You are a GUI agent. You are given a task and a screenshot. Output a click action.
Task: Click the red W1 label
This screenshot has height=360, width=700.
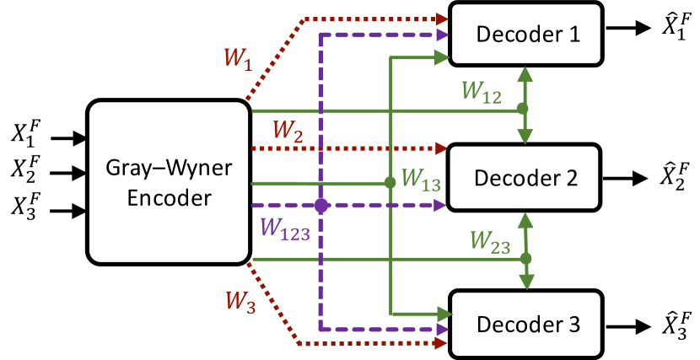pos(237,59)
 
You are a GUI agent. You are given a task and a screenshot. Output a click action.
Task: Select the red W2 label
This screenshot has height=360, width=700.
pos(287,132)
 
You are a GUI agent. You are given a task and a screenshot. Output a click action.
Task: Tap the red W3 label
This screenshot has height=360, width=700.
pos(240,302)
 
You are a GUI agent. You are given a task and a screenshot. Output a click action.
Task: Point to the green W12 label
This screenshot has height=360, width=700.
pos(481,92)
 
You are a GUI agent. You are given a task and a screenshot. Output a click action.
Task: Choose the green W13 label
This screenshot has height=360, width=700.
pos(420,180)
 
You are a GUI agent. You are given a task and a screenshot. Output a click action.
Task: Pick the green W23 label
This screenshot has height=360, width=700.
pos(489,242)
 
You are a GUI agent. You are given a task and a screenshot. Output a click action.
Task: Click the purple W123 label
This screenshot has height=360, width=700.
pos(284,228)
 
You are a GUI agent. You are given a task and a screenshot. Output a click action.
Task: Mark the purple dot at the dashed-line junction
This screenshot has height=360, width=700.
pos(320,205)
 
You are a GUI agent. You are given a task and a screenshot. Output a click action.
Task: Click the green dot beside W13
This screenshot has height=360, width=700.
pos(390,182)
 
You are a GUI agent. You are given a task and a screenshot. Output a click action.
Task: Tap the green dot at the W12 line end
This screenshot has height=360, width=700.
pos(523,109)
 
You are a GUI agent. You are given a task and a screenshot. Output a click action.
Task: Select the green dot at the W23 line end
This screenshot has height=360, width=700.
pos(525,258)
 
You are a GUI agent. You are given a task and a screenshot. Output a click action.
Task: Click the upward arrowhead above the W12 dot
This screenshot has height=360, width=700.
pos(525,74)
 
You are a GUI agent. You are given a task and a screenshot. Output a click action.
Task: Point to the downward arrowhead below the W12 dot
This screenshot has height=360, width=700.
pos(525,136)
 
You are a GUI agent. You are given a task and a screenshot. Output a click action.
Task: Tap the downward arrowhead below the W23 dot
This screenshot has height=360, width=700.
pos(526,282)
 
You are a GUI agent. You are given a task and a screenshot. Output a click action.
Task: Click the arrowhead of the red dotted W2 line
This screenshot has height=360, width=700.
pos(441,148)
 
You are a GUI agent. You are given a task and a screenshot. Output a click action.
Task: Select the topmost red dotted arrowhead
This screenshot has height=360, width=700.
pos(443,19)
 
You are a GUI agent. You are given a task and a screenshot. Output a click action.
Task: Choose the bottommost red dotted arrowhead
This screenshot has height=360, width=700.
pos(442,343)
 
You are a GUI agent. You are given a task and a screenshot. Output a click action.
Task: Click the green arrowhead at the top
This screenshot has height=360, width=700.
pos(441,57)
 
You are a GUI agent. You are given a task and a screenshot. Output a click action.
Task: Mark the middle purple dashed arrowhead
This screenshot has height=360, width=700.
pos(439,205)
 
